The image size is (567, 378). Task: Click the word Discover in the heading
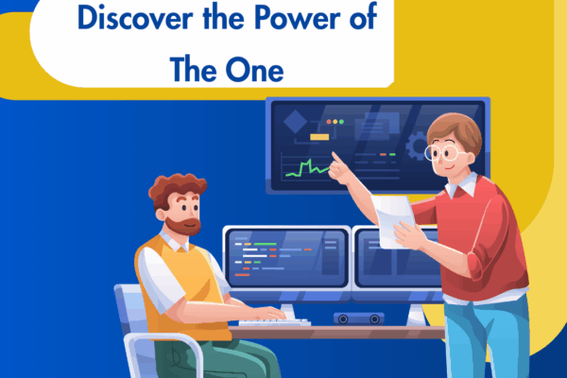[121, 19]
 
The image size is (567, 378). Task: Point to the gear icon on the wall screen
[417, 146]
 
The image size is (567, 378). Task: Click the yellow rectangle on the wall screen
[318, 137]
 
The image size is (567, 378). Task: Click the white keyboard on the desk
[274, 322]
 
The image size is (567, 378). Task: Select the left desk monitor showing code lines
[284, 258]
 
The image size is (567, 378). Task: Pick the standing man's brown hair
[456, 129]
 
